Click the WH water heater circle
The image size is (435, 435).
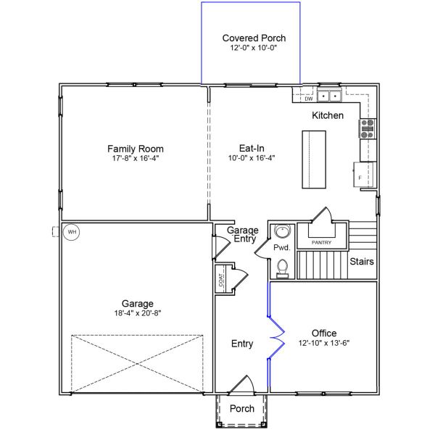coord(71,232)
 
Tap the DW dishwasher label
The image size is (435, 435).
coord(309,99)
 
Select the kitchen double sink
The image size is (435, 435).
coord(329,96)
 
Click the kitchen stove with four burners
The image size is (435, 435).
coord(368,128)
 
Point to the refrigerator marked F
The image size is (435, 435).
coord(364,175)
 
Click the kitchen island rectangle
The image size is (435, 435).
coord(314,159)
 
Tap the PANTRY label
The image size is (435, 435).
coord(321,242)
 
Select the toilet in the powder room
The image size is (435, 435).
coord(283,269)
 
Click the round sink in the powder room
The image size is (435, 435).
coord(282,231)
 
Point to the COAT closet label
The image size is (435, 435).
coord(221,280)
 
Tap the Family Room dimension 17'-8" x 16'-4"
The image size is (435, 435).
coord(136,158)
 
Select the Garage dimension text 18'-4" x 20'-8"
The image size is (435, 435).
coord(138,313)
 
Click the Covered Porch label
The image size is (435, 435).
coord(254,38)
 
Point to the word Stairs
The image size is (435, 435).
coord(362,261)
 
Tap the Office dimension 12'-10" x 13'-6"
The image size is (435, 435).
coord(324,343)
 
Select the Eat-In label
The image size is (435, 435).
coord(252,148)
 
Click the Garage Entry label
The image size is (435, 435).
coord(243,234)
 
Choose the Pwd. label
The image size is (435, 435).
coord(281,247)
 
